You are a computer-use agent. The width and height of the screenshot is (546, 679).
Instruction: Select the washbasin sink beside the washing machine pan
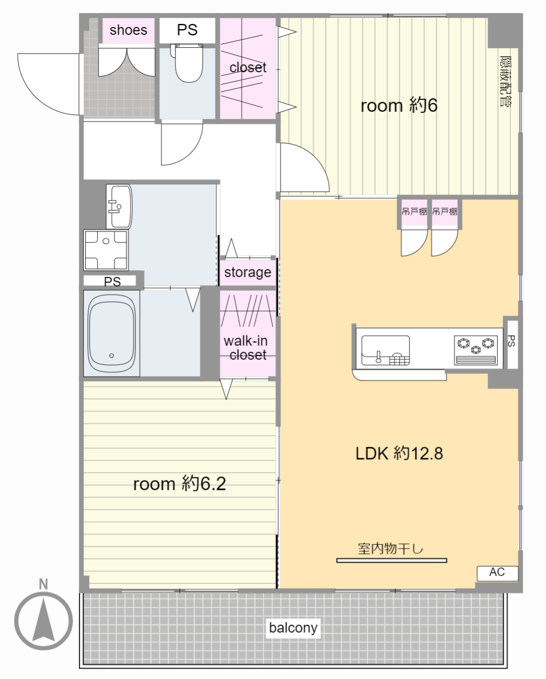[x=119, y=206]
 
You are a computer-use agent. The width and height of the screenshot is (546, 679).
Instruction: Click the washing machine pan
[x=106, y=250]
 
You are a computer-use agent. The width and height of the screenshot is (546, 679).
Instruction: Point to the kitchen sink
[x=385, y=350]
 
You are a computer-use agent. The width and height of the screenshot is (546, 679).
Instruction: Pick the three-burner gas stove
[x=476, y=350]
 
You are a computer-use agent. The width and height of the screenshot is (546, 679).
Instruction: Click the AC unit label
[x=497, y=572]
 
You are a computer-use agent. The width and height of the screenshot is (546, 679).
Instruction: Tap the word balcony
[x=293, y=628]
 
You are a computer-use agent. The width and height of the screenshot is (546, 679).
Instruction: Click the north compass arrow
[x=44, y=620]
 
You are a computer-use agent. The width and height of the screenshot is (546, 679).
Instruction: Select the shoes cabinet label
[x=128, y=30]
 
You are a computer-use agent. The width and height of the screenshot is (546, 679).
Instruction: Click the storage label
[x=248, y=272]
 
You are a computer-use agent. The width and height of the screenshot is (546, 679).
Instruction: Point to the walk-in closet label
[x=246, y=348]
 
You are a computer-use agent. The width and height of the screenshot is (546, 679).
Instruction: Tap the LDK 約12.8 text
[x=399, y=454]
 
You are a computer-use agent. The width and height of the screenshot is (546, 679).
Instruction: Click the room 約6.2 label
[x=180, y=484]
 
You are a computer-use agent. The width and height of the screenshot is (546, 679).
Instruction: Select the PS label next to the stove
[x=512, y=341]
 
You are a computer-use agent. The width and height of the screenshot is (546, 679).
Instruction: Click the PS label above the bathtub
[x=112, y=282]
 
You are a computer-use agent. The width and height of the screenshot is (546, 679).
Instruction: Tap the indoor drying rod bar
[x=392, y=561]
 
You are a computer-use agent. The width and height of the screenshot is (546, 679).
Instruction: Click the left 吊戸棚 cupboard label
[x=414, y=211]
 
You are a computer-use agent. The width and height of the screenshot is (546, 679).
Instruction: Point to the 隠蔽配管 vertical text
[x=506, y=82]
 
